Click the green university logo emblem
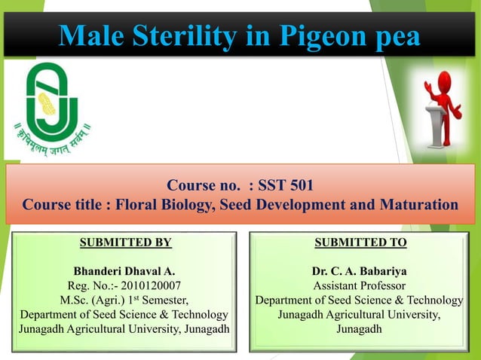[x=51, y=97]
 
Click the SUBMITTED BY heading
[x=125, y=243]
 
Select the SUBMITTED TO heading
[x=360, y=243]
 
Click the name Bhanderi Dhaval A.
[x=124, y=271]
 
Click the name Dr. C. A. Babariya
[x=360, y=271]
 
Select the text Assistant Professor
[x=360, y=285]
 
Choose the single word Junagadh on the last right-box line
[x=360, y=328]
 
